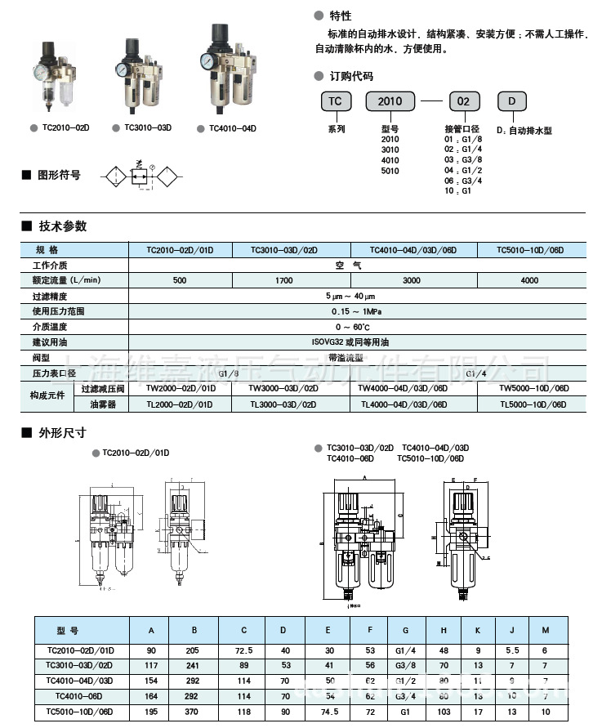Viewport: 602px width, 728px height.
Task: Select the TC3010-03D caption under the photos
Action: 148,128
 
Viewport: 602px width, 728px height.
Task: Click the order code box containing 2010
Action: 390,102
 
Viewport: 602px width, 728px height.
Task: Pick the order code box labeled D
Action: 512,101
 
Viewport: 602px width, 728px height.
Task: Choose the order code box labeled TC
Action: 335,101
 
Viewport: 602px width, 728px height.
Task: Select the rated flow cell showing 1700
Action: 283,280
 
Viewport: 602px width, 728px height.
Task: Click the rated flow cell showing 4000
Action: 530,280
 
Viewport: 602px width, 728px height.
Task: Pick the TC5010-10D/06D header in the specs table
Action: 530,250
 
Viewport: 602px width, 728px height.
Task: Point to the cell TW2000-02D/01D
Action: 181,388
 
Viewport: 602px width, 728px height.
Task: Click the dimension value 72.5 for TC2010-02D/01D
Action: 243,650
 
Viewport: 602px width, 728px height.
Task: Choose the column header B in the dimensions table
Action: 194,630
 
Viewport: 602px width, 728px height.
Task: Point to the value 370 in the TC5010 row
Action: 194,712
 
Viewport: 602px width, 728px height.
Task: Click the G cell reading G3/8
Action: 406,666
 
